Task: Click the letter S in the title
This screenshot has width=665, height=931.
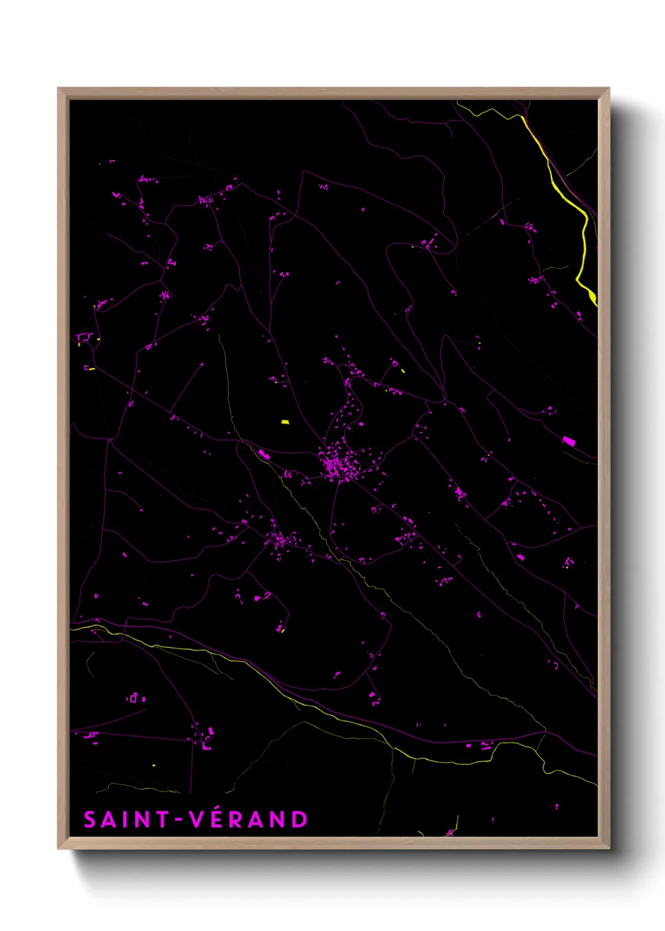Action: pos(90,820)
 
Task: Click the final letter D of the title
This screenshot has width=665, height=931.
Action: pos(300,820)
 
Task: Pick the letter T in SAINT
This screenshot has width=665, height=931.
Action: pos(163,820)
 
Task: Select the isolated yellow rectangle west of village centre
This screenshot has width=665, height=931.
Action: pos(285,422)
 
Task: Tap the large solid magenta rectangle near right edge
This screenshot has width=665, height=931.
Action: pos(569,441)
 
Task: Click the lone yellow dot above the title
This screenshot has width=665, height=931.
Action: pos(153,766)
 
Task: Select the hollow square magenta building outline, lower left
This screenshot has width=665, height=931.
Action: pos(133,698)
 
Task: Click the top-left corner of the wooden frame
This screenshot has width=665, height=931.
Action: pos(59,89)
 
